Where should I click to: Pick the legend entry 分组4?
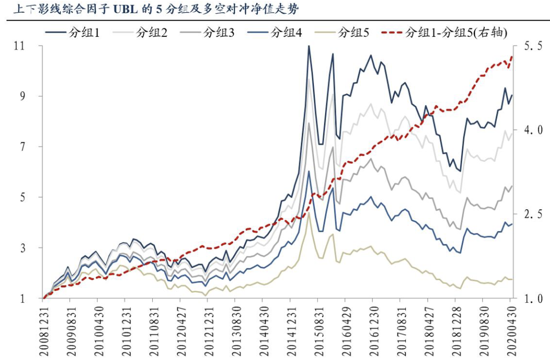click(287, 33)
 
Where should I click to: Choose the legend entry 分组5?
click(353, 33)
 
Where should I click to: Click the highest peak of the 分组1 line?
click(308, 46)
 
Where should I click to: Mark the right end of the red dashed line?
click(512, 57)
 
